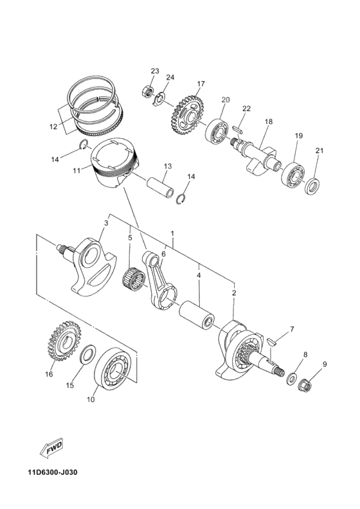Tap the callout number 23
(x=155, y=71)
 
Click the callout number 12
(x=53, y=127)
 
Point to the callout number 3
(x=105, y=223)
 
